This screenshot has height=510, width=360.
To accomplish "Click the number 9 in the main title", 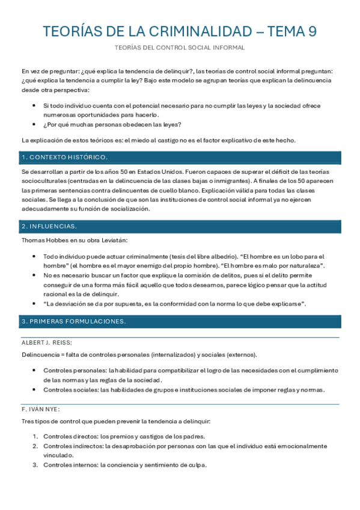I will [311, 31].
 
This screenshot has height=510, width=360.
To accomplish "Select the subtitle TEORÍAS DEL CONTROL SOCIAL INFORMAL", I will [180, 48].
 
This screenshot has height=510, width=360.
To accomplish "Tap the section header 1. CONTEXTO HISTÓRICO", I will [64, 158].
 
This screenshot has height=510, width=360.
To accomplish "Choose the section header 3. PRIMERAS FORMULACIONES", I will [73, 321].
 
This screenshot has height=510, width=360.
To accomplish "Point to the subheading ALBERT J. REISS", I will [46, 342].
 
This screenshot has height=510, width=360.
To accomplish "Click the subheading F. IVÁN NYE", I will [40, 408].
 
